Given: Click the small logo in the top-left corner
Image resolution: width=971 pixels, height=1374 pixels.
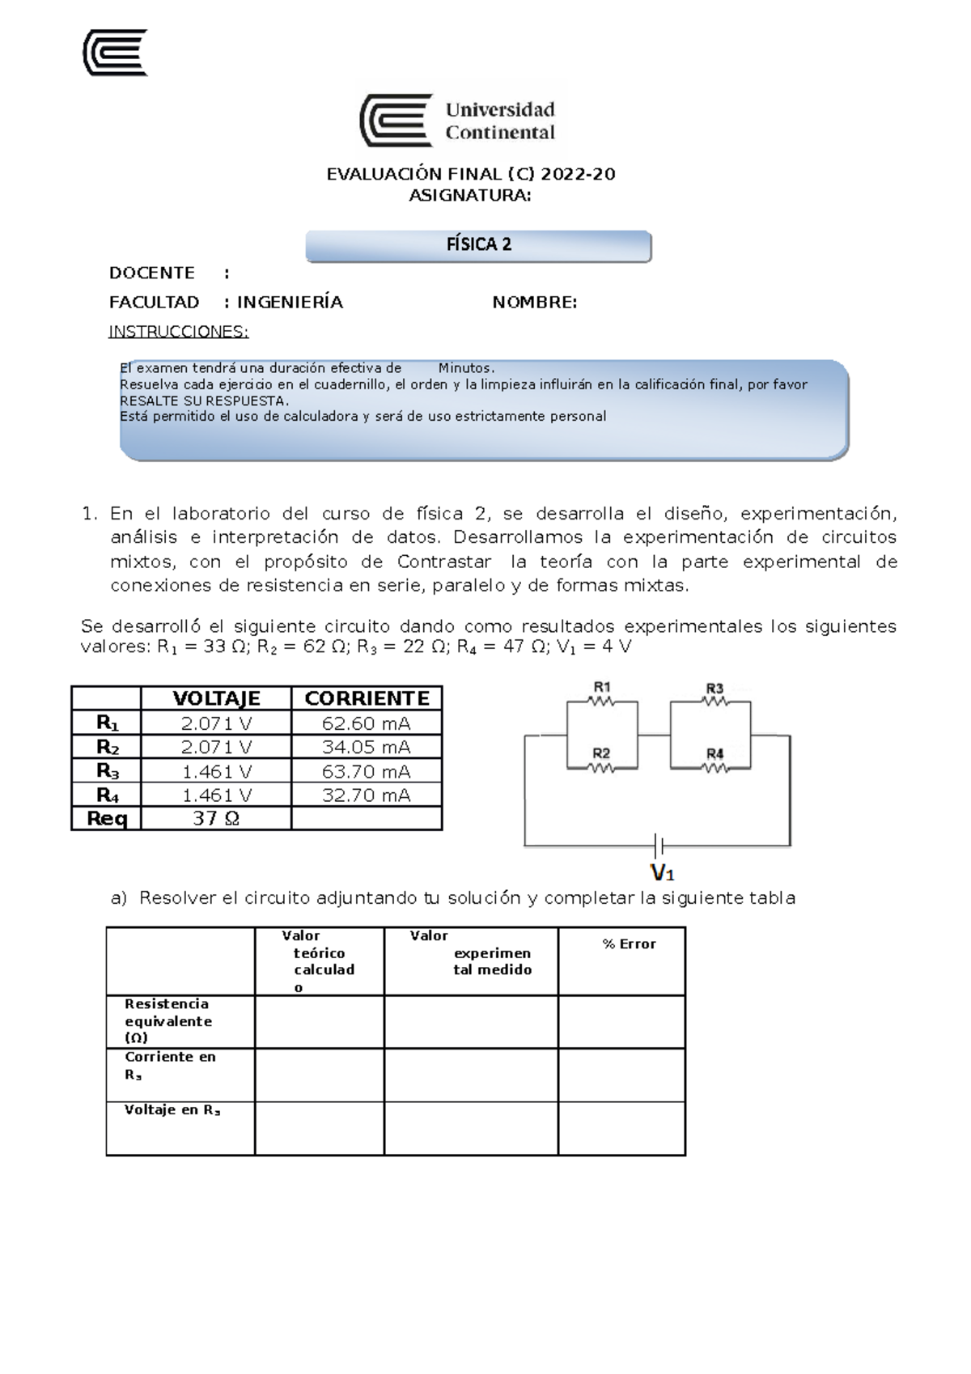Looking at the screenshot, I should [116, 53].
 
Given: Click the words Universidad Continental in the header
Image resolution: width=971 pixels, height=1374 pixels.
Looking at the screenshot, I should [499, 121].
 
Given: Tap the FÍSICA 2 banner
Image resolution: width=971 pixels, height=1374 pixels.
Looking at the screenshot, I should [478, 245].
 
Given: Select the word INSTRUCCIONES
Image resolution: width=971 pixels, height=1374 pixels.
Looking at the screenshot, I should [179, 332].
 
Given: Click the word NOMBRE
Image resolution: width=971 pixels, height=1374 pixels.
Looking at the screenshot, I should [534, 303].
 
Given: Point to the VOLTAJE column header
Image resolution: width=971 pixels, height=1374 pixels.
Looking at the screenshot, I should [216, 698].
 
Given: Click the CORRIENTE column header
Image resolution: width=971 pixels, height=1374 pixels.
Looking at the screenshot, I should [367, 698].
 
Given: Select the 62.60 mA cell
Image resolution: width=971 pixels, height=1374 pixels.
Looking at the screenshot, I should [367, 723].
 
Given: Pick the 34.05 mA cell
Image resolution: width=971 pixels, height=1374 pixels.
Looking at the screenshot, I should [367, 747].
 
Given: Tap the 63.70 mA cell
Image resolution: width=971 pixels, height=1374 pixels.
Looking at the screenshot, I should [367, 771].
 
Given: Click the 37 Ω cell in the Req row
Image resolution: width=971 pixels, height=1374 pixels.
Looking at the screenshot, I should [216, 819].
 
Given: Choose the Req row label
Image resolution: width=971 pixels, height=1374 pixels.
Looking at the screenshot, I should [107, 819].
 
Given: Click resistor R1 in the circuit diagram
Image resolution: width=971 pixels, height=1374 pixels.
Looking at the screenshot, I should [601, 702].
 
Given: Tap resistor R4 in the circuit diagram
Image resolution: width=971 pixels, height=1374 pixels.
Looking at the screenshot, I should [714, 767].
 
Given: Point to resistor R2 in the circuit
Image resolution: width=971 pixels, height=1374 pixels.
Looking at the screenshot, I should [601, 767].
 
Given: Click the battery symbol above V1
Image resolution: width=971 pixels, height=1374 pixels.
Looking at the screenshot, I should [659, 846].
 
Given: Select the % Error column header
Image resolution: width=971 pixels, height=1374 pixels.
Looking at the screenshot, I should [629, 944].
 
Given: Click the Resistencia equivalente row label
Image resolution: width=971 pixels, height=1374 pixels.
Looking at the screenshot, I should [167, 1021].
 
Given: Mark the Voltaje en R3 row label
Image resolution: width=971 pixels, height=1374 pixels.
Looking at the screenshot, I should [172, 1110].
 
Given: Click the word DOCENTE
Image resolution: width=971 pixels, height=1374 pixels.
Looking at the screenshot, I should [152, 273].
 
